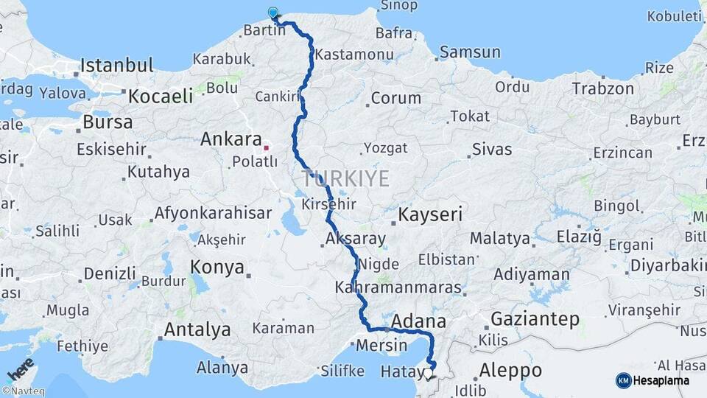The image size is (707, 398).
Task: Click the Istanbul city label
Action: click(x=117, y=65)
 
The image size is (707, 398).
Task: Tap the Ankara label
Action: click(x=231, y=139)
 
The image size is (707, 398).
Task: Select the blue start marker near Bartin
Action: click(x=274, y=13)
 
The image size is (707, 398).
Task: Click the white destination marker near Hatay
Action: click(x=428, y=373)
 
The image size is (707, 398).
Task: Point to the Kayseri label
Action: click(x=431, y=214)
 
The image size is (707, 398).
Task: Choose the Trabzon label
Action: click(x=602, y=88)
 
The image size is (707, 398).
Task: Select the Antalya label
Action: click(x=197, y=329)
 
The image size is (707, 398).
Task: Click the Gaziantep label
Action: click(x=534, y=319)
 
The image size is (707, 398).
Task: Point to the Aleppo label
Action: click(x=510, y=370)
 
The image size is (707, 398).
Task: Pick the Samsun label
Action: click(x=470, y=52)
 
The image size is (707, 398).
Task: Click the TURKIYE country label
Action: click(x=345, y=178)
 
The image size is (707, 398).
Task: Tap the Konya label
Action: click(x=217, y=267)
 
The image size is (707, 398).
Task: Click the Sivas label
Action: click(x=491, y=150)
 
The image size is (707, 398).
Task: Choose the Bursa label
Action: click(x=108, y=122)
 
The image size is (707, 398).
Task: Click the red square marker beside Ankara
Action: click(x=267, y=147)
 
